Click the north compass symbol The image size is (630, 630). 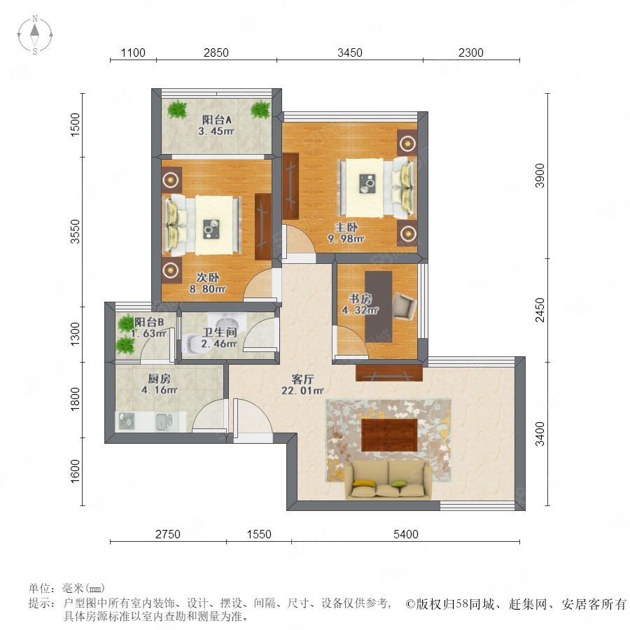(35, 35)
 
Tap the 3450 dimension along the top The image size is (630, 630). (349, 52)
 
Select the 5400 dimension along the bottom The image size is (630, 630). (406, 534)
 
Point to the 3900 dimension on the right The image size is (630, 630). (540, 176)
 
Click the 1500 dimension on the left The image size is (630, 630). (75, 125)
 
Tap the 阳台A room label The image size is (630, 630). (216, 120)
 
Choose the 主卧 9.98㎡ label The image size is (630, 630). (346, 233)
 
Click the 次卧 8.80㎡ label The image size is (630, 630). (208, 283)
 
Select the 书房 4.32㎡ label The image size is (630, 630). (360, 304)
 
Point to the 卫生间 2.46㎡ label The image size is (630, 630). (219, 338)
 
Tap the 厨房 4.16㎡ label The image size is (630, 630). (160, 384)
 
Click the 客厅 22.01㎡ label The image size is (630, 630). (302, 384)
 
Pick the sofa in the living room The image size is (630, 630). (388, 479)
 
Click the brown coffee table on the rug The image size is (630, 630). (389, 435)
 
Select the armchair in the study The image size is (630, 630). (404, 307)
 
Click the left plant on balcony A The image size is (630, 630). (177, 109)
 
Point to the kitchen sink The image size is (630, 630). (164, 421)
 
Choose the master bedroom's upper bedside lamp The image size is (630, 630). (407, 143)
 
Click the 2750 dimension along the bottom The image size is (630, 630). (168, 534)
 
